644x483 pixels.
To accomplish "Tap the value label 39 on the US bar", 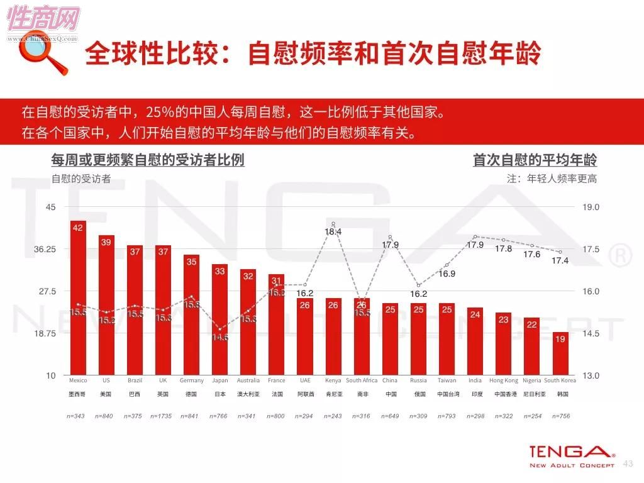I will click(x=106, y=242).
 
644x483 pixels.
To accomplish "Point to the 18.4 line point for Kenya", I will click(x=333, y=224).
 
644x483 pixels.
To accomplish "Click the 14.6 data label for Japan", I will click(x=219, y=337).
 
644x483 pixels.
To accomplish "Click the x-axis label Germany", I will click(x=191, y=380).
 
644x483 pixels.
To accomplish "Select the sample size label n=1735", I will click(x=163, y=416).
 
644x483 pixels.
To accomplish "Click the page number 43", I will click(x=627, y=464).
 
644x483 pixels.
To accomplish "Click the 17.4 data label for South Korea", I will click(x=559, y=261).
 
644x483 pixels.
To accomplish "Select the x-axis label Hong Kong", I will click(x=503, y=380).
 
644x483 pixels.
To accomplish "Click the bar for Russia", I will click(x=418, y=339).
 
